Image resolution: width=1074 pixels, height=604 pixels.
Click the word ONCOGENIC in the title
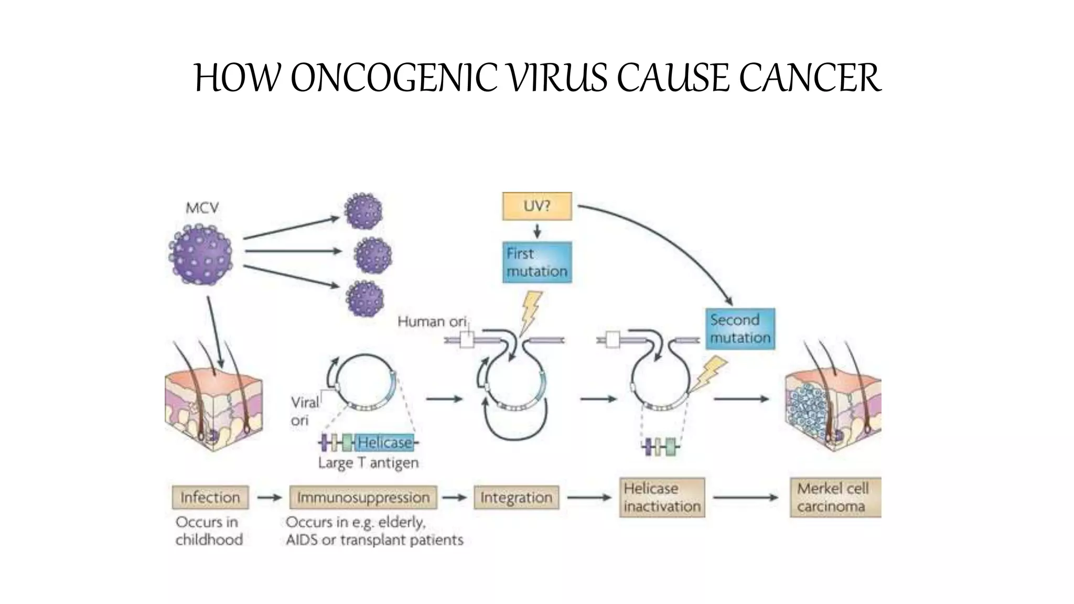point(394,78)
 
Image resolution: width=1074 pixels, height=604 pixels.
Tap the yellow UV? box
point(536,206)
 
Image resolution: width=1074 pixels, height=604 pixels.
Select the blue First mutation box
point(536,262)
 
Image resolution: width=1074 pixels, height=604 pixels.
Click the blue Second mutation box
point(739,329)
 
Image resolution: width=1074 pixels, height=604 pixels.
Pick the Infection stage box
point(210,497)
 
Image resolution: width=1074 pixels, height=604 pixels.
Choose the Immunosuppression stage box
point(363,497)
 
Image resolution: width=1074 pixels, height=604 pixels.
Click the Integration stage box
point(516,497)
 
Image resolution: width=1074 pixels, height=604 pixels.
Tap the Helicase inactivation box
point(662,497)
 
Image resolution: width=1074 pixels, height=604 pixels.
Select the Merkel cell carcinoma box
point(835,497)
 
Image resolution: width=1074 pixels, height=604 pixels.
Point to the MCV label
point(202,208)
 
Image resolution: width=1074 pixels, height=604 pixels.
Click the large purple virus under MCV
point(201,255)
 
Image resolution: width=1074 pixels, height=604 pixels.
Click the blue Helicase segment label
point(385,443)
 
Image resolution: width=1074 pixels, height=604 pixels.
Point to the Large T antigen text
point(368,463)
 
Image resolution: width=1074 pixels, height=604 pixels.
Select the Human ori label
point(431,321)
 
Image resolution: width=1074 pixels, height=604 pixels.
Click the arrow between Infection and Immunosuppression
point(270,497)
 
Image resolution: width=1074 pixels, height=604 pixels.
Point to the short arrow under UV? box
point(537,231)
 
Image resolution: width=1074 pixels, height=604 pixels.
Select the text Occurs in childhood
point(209,531)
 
